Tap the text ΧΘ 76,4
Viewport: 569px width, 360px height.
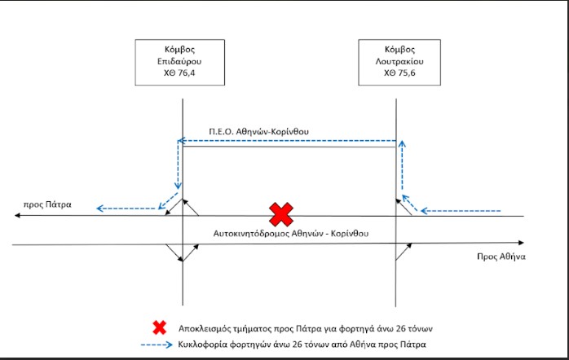click(x=179, y=72)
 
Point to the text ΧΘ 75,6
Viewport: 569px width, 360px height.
click(x=399, y=72)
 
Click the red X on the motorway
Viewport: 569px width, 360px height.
click(x=281, y=214)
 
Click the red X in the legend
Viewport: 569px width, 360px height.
click(x=159, y=327)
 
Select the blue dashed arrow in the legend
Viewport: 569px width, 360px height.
click(x=157, y=345)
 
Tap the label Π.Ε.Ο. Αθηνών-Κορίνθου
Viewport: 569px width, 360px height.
click(x=258, y=131)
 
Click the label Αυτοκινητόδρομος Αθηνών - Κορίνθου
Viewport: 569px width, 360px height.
click(x=291, y=233)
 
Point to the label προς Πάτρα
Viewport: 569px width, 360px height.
click(x=47, y=204)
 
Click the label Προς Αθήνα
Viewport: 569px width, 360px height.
click(x=501, y=257)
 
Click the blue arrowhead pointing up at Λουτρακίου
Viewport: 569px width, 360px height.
click(x=402, y=143)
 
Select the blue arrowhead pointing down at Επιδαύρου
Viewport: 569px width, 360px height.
click(x=178, y=186)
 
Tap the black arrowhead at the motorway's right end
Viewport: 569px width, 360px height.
click(x=521, y=243)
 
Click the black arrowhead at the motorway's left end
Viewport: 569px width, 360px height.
click(x=17, y=215)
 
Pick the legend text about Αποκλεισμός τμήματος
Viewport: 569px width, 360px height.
click(x=305, y=329)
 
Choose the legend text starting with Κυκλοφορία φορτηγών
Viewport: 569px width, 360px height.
click(x=302, y=344)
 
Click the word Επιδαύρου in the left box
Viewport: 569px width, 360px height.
click(x=179, y=61)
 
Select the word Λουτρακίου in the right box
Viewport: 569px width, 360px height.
click(x=399, y=61)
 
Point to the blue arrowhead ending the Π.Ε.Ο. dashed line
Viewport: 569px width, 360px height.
click(x=182, y=141)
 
